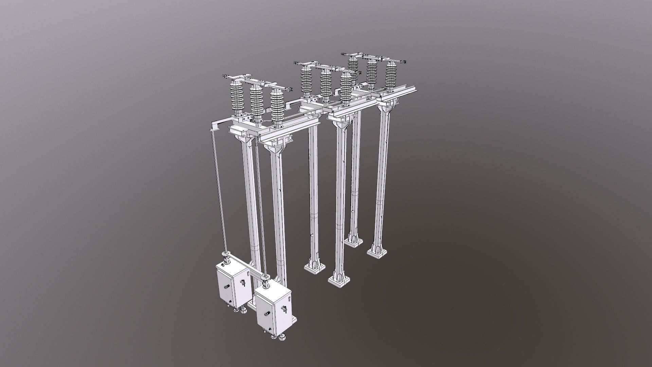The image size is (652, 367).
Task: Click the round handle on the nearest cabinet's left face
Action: tap(267, 314)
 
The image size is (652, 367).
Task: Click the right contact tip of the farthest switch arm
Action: tap(404, 62)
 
